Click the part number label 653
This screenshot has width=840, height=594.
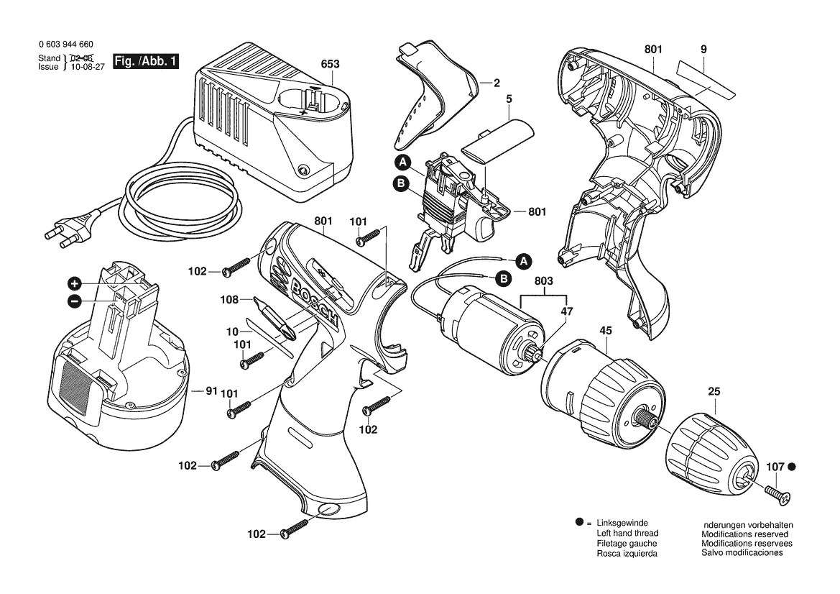click(x=330, y=64)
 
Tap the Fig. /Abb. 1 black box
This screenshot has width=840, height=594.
click(x=146, y=61)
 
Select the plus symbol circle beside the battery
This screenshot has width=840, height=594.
click(x=75, y=283)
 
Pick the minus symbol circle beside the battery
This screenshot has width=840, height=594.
click(x=75, y=301)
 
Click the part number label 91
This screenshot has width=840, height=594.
click(x=211, y=391)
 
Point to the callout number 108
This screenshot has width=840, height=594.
click(x=229, y=300)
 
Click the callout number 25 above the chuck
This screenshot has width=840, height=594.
click(x=714, y=392)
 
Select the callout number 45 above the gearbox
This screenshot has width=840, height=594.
click(x=605, y=331)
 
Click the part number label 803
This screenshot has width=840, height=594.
click(x=544, y=281)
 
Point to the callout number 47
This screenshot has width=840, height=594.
click(x=567, y=311)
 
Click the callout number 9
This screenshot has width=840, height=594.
click(x=703, y=50)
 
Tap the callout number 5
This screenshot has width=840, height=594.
click(x=509, y=99)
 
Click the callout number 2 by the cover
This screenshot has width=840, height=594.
click(x=497, y=83)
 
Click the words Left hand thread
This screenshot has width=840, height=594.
click(x=627, y=534)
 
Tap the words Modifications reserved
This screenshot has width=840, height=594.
click(x=744, y=534)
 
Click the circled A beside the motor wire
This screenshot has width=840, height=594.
click(x=523, y=261)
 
